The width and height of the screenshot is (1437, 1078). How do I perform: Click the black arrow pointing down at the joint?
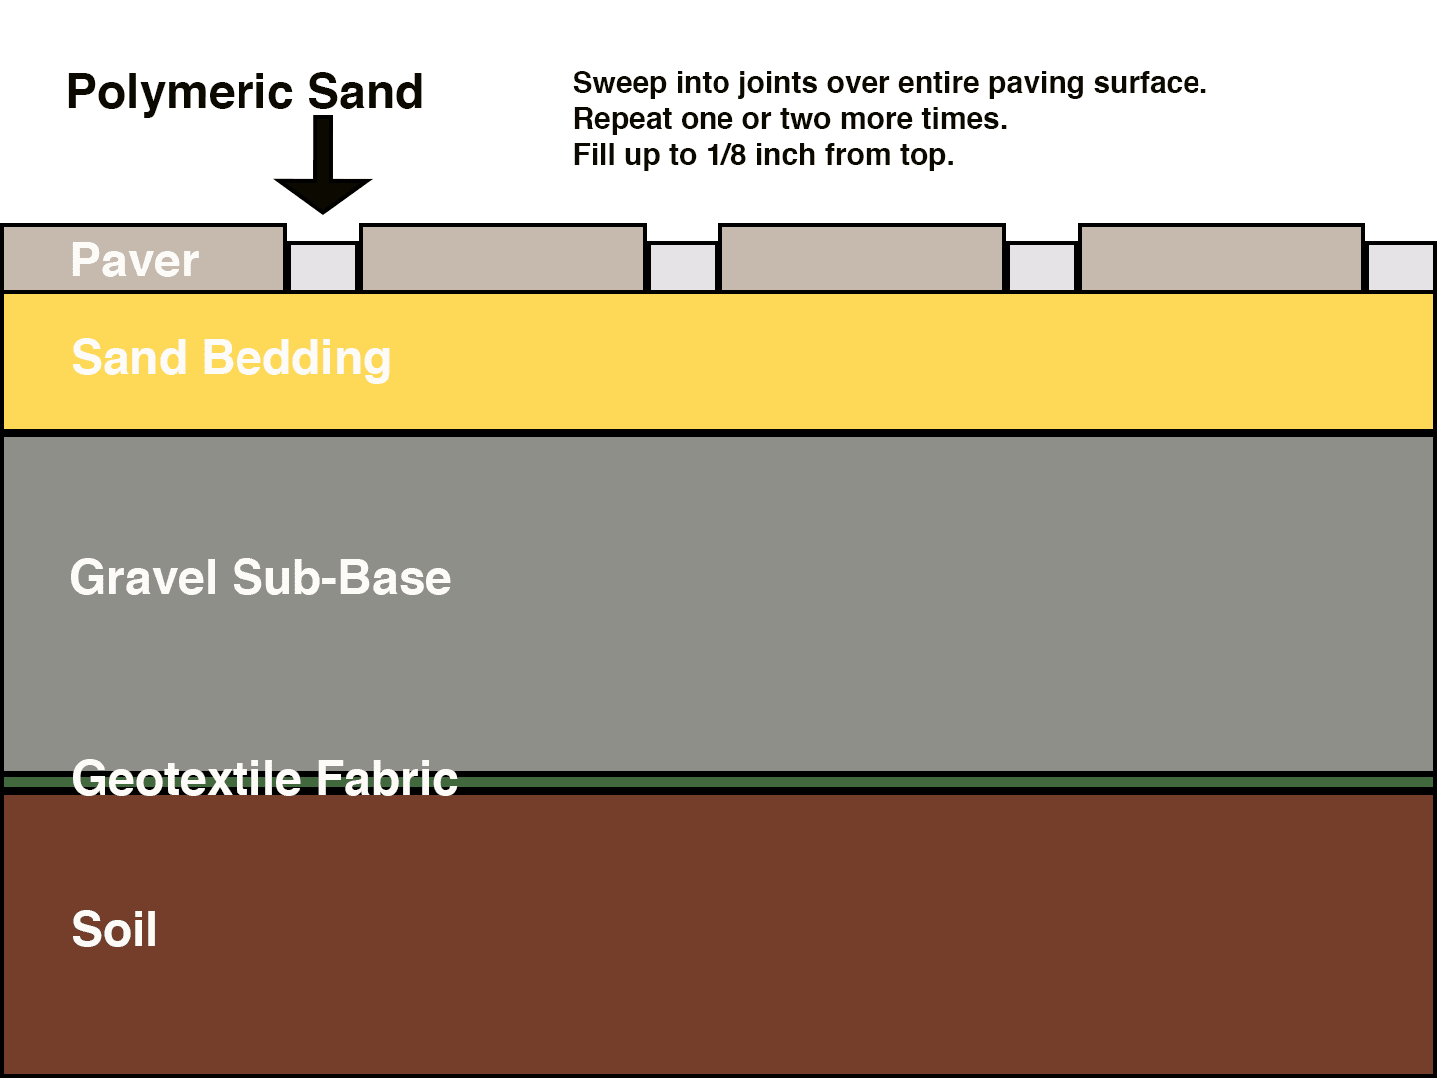(x=322, y=170)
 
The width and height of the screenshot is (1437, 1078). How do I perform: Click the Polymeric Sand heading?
(x=244, y=92)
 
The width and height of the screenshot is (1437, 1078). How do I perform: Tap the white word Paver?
(x=135, y=261)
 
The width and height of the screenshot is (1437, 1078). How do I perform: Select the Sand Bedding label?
(x=232, y=358)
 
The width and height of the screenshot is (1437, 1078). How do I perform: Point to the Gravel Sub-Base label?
(x=260, y=578)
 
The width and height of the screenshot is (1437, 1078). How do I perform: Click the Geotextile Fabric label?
(x=264, y=779)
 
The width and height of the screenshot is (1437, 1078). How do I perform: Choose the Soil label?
(x=114, y=930)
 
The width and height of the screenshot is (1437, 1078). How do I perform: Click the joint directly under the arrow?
(x=322, y=267)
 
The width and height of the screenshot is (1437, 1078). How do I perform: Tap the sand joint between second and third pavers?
(x=683, y=267)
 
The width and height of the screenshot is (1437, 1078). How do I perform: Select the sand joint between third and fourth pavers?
(x=1042, y=267)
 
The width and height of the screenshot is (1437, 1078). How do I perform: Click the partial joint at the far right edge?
(x=1400, y=267)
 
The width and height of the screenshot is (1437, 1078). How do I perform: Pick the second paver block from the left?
(x=503, y=259)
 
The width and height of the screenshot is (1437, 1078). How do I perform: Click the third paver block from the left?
(x=862, y=259)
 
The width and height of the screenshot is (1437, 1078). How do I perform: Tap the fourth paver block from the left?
(x=1221, y=259)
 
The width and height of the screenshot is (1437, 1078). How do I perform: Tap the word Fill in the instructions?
(x=593, y=155)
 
